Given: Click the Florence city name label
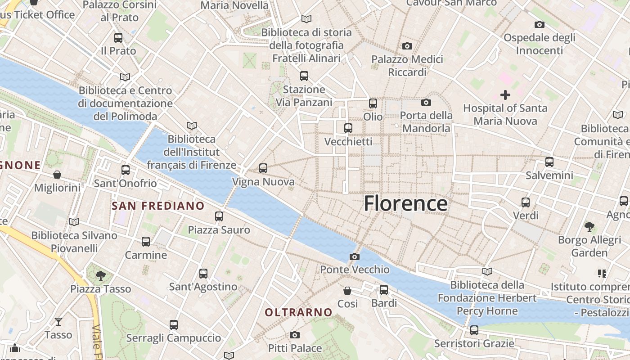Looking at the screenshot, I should [x=405, y=203].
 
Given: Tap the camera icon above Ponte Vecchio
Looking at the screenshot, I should [x=355, y=256].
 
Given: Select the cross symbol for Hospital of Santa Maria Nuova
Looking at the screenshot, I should [x=505, y=95].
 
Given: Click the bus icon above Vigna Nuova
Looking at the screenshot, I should [x=263, y=168].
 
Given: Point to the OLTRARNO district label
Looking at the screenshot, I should [x=298, y=312].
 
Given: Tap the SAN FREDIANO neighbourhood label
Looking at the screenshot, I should [x=158, y=206].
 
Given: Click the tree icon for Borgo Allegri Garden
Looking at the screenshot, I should [x=589, y=226].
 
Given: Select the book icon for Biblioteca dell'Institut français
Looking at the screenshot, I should [x=192, y=126].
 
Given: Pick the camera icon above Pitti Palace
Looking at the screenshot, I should [x=295, y=335].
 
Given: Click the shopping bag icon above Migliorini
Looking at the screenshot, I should [x=57, y=174].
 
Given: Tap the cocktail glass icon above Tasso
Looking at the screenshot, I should [x=58, y=321].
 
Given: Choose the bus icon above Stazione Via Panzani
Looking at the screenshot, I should [x=304, y=76].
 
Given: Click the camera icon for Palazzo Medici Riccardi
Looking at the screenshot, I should [x=407, y=46].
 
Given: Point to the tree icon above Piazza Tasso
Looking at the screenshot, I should [x=101, y=275].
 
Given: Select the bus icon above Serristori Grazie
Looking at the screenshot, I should [x=474, y=330].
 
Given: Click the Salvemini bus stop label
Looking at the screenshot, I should [x=549, y=175].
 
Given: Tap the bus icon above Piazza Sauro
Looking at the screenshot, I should [x=219, y=216].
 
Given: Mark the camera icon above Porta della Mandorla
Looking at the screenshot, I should [x=426, y=102].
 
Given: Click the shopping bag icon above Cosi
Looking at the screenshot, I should [x=347, y=290].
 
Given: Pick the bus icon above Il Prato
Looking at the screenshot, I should [x=118, y=38].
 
